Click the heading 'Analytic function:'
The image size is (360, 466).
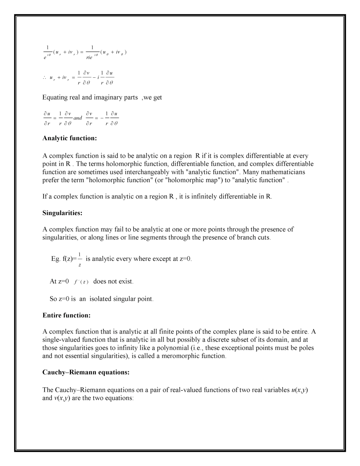coord(70,138)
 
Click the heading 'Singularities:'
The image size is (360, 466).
coord(62,213)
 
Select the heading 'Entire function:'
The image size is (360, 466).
coord(66,316)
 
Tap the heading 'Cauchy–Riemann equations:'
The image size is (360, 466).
coord(86,372)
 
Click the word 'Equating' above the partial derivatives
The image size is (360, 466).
coord(55,97)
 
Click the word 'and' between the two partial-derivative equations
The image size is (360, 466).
coord(78,118)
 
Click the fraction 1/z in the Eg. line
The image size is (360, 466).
coord(80,259)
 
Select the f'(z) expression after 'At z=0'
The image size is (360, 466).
coord(81,282)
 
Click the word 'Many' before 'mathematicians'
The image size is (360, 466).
coord(250,172)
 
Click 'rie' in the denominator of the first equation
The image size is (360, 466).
coord(89,57)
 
